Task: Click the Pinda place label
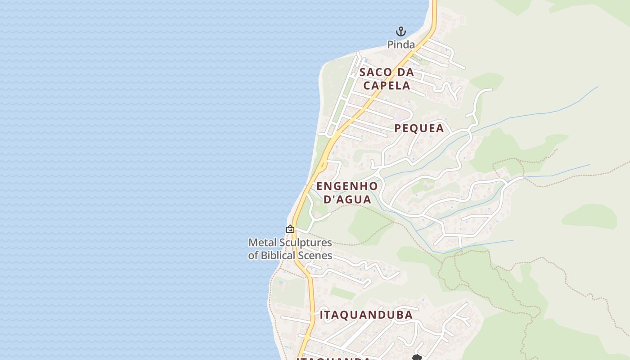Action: click(401, 45)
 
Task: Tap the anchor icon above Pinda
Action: click(400, 31)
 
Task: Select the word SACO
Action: click(377, 72)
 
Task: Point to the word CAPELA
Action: click(387, 85)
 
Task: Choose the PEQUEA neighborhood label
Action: click(419, 128)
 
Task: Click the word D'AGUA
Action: click(348, 199)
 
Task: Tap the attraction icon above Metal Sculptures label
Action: click(290, 229)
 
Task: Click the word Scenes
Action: click(318, 256)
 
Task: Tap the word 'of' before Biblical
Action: click(253, 256)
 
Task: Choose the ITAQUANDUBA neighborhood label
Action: click(366, 315)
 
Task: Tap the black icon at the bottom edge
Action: click(417, 358)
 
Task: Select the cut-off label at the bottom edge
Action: click(333, 358)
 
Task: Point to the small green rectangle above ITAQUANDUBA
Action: click(343, 293)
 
